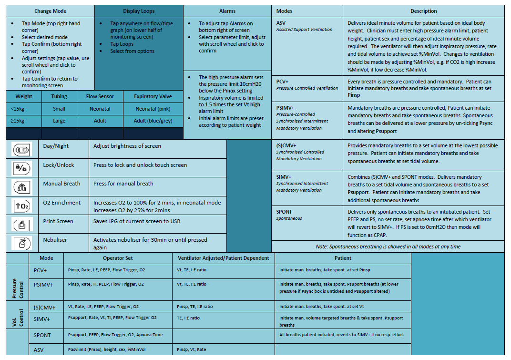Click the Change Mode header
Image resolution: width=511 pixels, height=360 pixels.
coord(51,11)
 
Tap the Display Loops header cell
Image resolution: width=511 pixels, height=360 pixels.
coord(139,11)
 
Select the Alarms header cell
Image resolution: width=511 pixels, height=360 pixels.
coord(227,11)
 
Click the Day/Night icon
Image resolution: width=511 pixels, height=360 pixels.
coord(22,149)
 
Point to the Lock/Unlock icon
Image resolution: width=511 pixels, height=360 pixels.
coord(22,168)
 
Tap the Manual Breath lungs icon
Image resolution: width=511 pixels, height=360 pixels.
coord(22,186)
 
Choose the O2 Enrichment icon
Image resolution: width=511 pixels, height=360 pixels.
coord(22,206)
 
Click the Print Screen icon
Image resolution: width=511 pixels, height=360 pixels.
coord(22,224)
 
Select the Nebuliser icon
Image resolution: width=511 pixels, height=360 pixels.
coord(22,243)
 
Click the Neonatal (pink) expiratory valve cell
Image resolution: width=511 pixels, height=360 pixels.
coord(153,109)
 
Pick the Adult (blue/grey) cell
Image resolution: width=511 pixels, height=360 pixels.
coord(153,121)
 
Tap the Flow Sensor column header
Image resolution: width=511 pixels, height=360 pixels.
coord(100,96)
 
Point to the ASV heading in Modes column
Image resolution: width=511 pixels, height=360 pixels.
coord(282,23)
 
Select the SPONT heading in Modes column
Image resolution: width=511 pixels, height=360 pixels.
coord(284,212)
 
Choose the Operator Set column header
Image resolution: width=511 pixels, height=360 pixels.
coord(118,258)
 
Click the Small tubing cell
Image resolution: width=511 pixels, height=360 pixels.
coord(59,109)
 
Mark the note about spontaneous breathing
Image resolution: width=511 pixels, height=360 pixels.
coord(388,247)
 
